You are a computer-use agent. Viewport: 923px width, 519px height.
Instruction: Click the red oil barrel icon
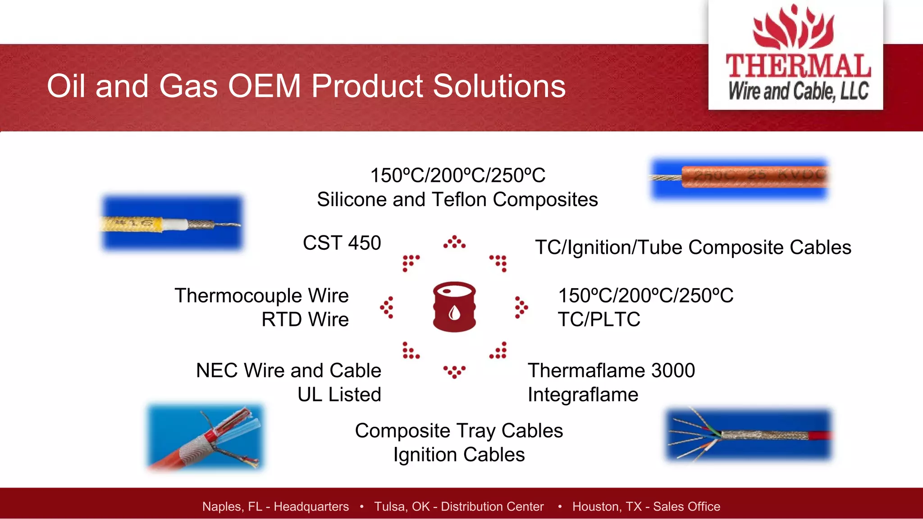(454, 307)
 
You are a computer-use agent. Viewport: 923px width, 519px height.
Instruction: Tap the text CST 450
(342, 243)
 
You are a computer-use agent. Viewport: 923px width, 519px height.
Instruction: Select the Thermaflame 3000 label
(611, 370)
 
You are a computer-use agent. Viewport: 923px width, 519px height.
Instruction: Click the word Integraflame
(583, 395)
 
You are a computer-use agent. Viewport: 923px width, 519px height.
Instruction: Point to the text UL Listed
(339, 395)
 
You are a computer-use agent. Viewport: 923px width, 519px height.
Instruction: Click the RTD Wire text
(305, 320)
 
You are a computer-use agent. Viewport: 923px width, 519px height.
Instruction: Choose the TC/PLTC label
(599, 320)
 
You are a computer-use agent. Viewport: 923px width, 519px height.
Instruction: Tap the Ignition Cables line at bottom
(459, 455)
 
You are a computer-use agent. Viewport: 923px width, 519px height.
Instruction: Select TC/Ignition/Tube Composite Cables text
(693, 248)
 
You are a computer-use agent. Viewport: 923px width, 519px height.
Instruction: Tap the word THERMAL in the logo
(798, 66)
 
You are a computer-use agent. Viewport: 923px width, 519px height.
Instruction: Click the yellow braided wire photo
(172, 223)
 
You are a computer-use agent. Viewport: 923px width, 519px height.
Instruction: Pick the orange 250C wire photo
(740, 178)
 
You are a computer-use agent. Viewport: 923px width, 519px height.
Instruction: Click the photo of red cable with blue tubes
(206, 437)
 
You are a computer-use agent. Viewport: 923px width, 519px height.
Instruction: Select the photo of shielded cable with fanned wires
(749, 435)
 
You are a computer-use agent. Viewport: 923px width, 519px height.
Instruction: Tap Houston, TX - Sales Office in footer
(646, 506)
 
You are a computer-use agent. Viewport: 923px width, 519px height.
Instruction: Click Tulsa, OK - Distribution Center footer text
(459, 506)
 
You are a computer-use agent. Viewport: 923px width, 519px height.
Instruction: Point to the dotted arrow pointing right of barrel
(521, 307)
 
